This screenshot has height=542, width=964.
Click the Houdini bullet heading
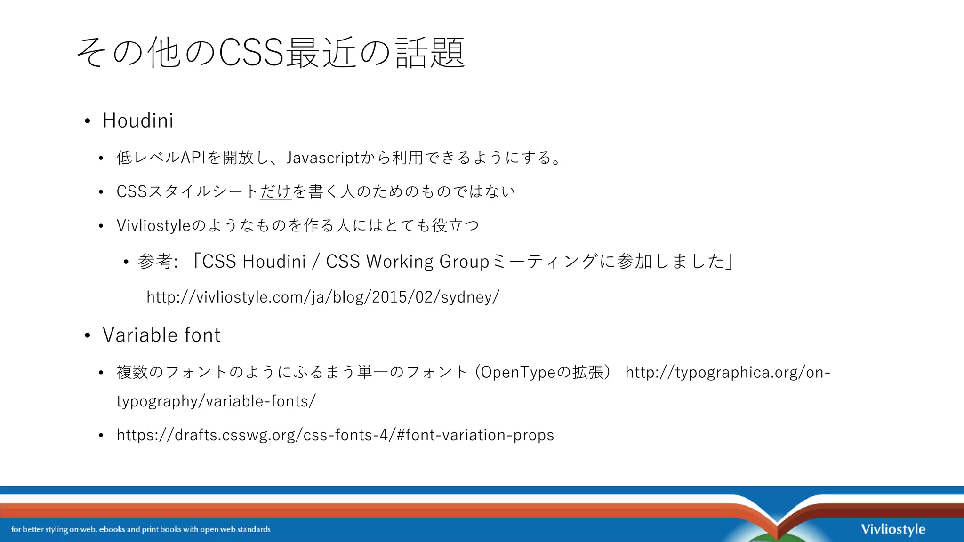(138, 121)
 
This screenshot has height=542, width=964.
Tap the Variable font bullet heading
(161, 335)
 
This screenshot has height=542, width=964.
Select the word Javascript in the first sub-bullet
(323, 158)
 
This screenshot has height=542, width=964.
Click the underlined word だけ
(276, 191)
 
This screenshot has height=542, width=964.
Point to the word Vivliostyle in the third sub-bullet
(153, 226)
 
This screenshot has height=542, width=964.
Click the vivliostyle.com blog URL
(323, 297)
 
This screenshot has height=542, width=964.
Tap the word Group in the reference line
(464, 262)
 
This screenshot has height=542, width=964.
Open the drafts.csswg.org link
(335, 435)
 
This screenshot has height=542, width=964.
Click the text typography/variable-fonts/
(216, 401)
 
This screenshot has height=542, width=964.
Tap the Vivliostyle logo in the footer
(893, 529)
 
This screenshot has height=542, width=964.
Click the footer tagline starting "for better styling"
(141, 529)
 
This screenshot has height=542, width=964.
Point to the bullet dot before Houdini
(88, 121)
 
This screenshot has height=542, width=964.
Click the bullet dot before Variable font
(88, 336)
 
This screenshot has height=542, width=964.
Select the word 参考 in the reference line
(154, 262)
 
